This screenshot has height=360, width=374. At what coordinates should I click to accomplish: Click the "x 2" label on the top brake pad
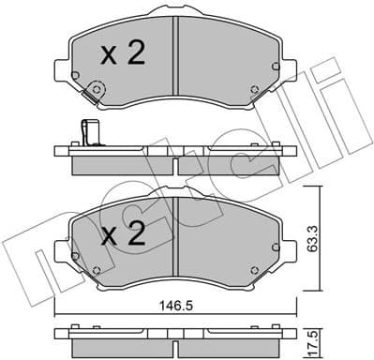pyautogui.click(x=122, y=54)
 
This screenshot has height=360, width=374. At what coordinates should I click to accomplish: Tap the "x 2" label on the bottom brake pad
pyautogui.click(x=122, y=233)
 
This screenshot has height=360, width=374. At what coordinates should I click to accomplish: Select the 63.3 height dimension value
pyautogui.click(x=335, y=226)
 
